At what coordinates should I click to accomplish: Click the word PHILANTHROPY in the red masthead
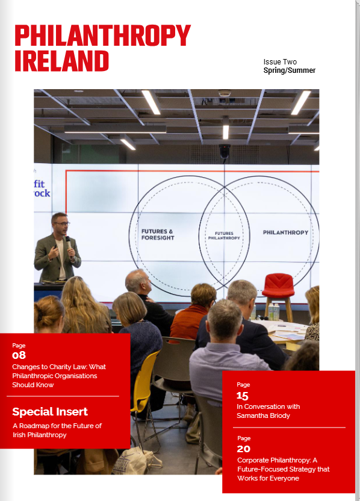[102, 36]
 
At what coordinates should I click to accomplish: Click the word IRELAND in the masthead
[61, 61]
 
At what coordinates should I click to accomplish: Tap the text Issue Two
[280, 62]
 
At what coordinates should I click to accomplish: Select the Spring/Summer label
[290, 70]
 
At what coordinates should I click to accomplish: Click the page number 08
[19, 355]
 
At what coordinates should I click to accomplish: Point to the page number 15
[243, 396]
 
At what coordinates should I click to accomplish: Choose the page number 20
[243, 449]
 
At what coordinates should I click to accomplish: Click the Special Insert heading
[50, 411]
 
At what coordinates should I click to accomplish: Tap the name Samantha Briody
[263, 415]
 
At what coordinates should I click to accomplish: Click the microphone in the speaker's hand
[69, 243]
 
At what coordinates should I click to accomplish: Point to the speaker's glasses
[61, 224]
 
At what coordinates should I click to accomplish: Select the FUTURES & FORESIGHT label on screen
[158, 234]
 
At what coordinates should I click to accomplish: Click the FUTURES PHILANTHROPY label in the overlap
[224, 236]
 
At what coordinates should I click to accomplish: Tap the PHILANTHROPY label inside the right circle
[285, 232]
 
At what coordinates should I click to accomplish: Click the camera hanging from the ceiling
[225, 151]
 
